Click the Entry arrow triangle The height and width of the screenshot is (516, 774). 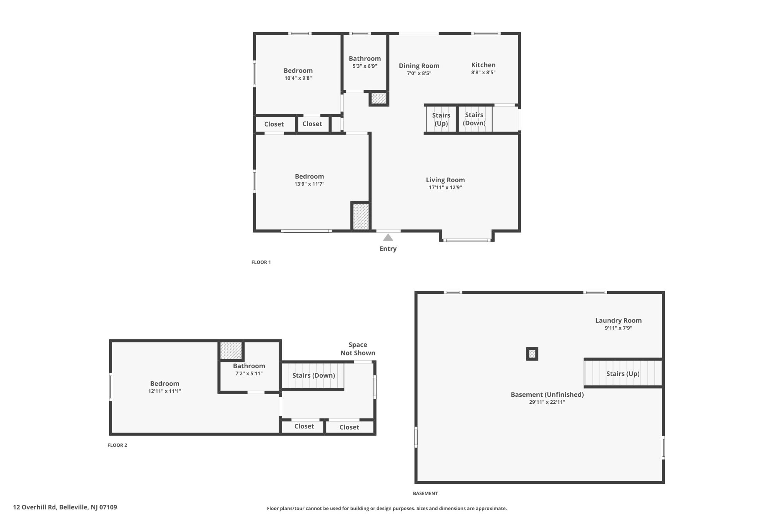tap(388, 237)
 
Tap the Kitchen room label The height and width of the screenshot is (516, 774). tap(483, 65)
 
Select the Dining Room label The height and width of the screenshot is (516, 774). tap(419, 66)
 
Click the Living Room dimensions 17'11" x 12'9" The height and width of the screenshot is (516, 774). tap(445, 187)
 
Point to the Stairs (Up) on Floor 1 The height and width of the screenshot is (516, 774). tap(441, 119)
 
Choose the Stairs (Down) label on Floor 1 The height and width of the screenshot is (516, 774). tap(474, 119)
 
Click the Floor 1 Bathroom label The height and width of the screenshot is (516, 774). tap(365, 58)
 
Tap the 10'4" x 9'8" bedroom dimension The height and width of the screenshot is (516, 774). tap(298, 78)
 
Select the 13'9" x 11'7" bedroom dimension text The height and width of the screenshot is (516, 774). tap(309, 184)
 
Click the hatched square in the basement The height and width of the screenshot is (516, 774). tap(532, 354)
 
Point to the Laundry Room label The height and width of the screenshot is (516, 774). tap(618, 321)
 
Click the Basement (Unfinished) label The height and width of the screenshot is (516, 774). tap(547, 394)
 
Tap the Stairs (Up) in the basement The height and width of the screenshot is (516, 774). tap(623, 374)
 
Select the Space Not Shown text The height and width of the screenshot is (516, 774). tap(358, 349)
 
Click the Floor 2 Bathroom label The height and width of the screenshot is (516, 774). tap(249, 366)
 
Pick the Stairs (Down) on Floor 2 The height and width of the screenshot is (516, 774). tap(313, 375)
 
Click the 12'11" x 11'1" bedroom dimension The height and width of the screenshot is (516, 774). tap(164, 391)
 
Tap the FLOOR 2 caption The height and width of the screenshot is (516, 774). tap(117, 445)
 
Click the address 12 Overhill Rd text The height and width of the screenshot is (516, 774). tap(35, 507)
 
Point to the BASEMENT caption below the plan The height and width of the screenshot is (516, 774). tap(425, 494)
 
